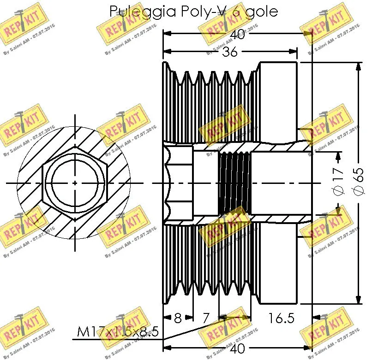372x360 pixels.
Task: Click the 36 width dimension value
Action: tap(229, 52)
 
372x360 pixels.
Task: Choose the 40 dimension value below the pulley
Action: tap(237, 348)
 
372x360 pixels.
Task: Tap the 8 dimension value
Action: tap(178, 318)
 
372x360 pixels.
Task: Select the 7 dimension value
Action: tap(206, 318)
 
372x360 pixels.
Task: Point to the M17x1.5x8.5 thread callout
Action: tap(118, 331)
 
